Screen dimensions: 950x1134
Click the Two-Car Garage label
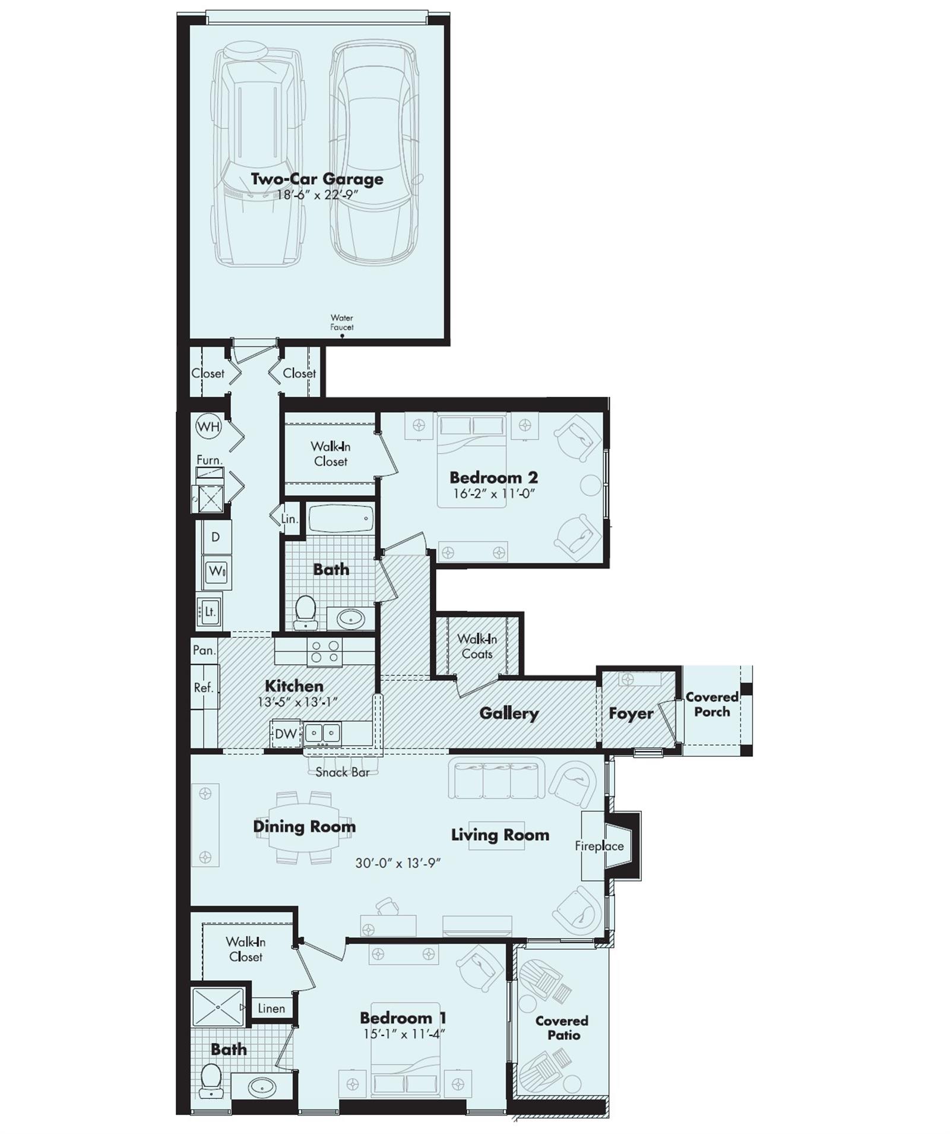pos(316,179)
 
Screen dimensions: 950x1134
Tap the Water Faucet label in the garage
pos(342,323)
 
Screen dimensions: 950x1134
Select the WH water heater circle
pos(208,427)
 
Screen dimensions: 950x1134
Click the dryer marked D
pos(216,537)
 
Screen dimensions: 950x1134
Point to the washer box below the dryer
pos(217,571)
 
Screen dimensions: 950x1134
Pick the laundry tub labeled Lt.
pos(210,611)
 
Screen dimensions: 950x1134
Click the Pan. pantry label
pos(204,650)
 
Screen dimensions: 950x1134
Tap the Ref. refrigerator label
pos(204,687)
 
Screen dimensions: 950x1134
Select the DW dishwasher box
pos(286,734)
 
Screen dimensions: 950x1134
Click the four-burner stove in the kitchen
pos(325,652)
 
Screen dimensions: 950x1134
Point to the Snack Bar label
pos(343,772)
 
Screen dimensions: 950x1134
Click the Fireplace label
pos(599,846)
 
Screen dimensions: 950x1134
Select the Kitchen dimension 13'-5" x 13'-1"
pos(297,702)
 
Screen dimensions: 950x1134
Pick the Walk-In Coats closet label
pos(477,646)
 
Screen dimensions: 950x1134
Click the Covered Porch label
pos(712,704)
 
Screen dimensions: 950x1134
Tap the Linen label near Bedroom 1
pos(271,1008)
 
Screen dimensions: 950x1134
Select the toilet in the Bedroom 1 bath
pos(210,1081)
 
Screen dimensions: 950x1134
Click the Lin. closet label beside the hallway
pos(289,519)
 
